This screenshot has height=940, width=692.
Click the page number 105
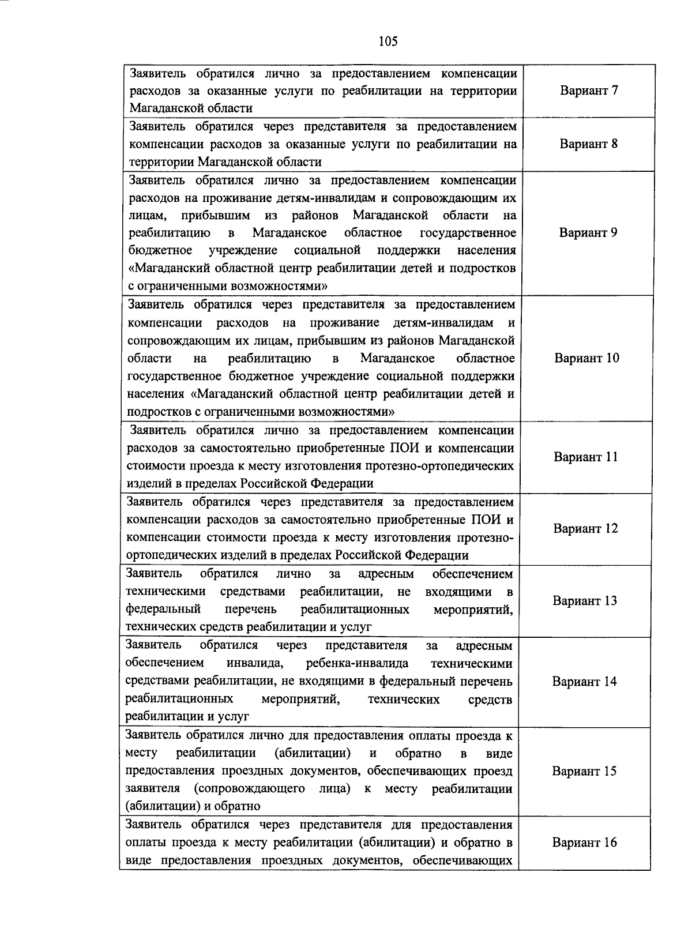click(x=388, y=41)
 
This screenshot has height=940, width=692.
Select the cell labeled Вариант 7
click(x=589, y=91)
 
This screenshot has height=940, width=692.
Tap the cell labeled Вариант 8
click(x=588, y=144)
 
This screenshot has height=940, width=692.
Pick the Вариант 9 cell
click(x=588, y=232)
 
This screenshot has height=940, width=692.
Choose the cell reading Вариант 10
click(x=586, y=358)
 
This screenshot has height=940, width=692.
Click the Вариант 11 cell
click(x=585, y=457)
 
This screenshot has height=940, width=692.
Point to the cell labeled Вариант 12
click(x=585, y=529)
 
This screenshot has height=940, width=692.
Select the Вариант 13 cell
click(x=584, y=601)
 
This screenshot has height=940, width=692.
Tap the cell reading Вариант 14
click(x=584, y=682)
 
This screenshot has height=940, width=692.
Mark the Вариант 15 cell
click(x=584, y=771)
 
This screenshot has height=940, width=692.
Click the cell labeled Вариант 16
click(x=584, y=843)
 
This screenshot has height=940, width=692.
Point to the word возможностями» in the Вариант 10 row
click(x=347, y=412)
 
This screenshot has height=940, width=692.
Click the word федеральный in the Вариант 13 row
click(x=163, y=609)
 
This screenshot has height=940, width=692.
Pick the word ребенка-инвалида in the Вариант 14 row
click(x=357, y=663)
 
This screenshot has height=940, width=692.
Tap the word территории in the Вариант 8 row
click(x=160, y=161)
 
